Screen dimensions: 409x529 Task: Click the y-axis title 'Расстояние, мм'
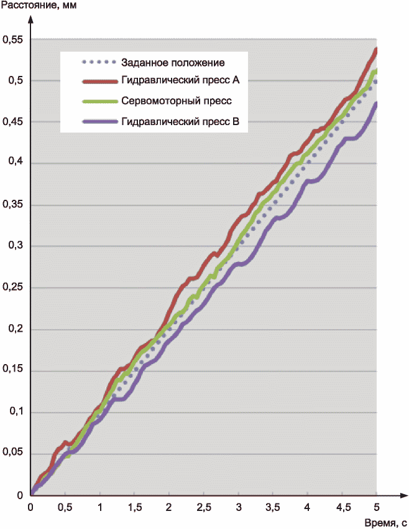[39, 6]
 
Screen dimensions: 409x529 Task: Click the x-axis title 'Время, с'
[386, 523]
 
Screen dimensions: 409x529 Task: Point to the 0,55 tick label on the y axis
[13, 40]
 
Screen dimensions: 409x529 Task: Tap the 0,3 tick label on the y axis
[16, 245]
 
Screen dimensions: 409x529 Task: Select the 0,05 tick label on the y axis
[13, 452]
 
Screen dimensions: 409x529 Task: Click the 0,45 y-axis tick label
[13, 122]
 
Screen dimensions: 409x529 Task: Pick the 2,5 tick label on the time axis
[204, 507]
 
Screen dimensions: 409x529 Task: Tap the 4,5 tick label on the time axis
[343, 507]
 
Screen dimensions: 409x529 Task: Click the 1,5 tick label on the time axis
[135, 507]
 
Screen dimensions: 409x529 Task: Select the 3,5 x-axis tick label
[272, 507]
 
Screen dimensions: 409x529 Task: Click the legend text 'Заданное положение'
[173, 63]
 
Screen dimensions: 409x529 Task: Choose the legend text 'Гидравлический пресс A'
[181, 80]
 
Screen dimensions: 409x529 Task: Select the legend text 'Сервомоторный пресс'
[177, 101]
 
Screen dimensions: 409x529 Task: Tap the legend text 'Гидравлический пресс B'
[181, 121]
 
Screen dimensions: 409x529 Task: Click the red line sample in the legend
[99, 82]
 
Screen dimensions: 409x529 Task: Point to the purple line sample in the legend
[99, 122]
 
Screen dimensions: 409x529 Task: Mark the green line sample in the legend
[99, 101]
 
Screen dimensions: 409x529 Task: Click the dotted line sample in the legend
[99, 62]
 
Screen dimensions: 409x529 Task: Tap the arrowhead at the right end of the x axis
[403, 495]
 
